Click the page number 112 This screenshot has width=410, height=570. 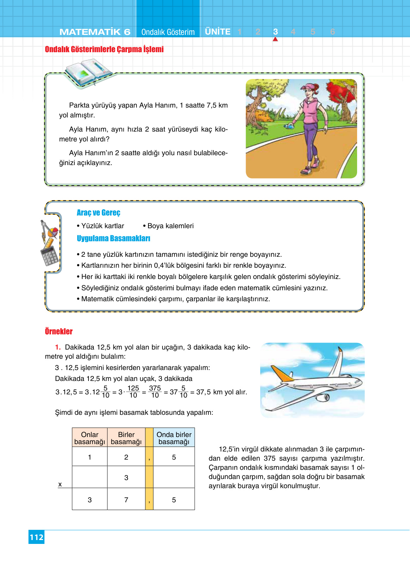36,537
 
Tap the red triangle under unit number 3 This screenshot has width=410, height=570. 275,39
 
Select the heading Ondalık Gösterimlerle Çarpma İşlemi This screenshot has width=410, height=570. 104,49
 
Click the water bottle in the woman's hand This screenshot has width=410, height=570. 290,125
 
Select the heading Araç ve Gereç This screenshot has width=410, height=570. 98,213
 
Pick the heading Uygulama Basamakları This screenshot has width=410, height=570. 113,238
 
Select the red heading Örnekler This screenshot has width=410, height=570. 59,332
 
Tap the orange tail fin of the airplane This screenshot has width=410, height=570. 282,373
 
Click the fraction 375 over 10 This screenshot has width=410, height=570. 155,392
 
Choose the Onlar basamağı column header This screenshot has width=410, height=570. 90,438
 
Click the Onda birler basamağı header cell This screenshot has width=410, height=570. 174,438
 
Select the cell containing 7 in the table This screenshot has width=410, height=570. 126,499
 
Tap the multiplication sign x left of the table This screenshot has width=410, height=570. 60,484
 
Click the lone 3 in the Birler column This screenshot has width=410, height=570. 126,478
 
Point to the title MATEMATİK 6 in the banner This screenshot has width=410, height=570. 95,32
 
